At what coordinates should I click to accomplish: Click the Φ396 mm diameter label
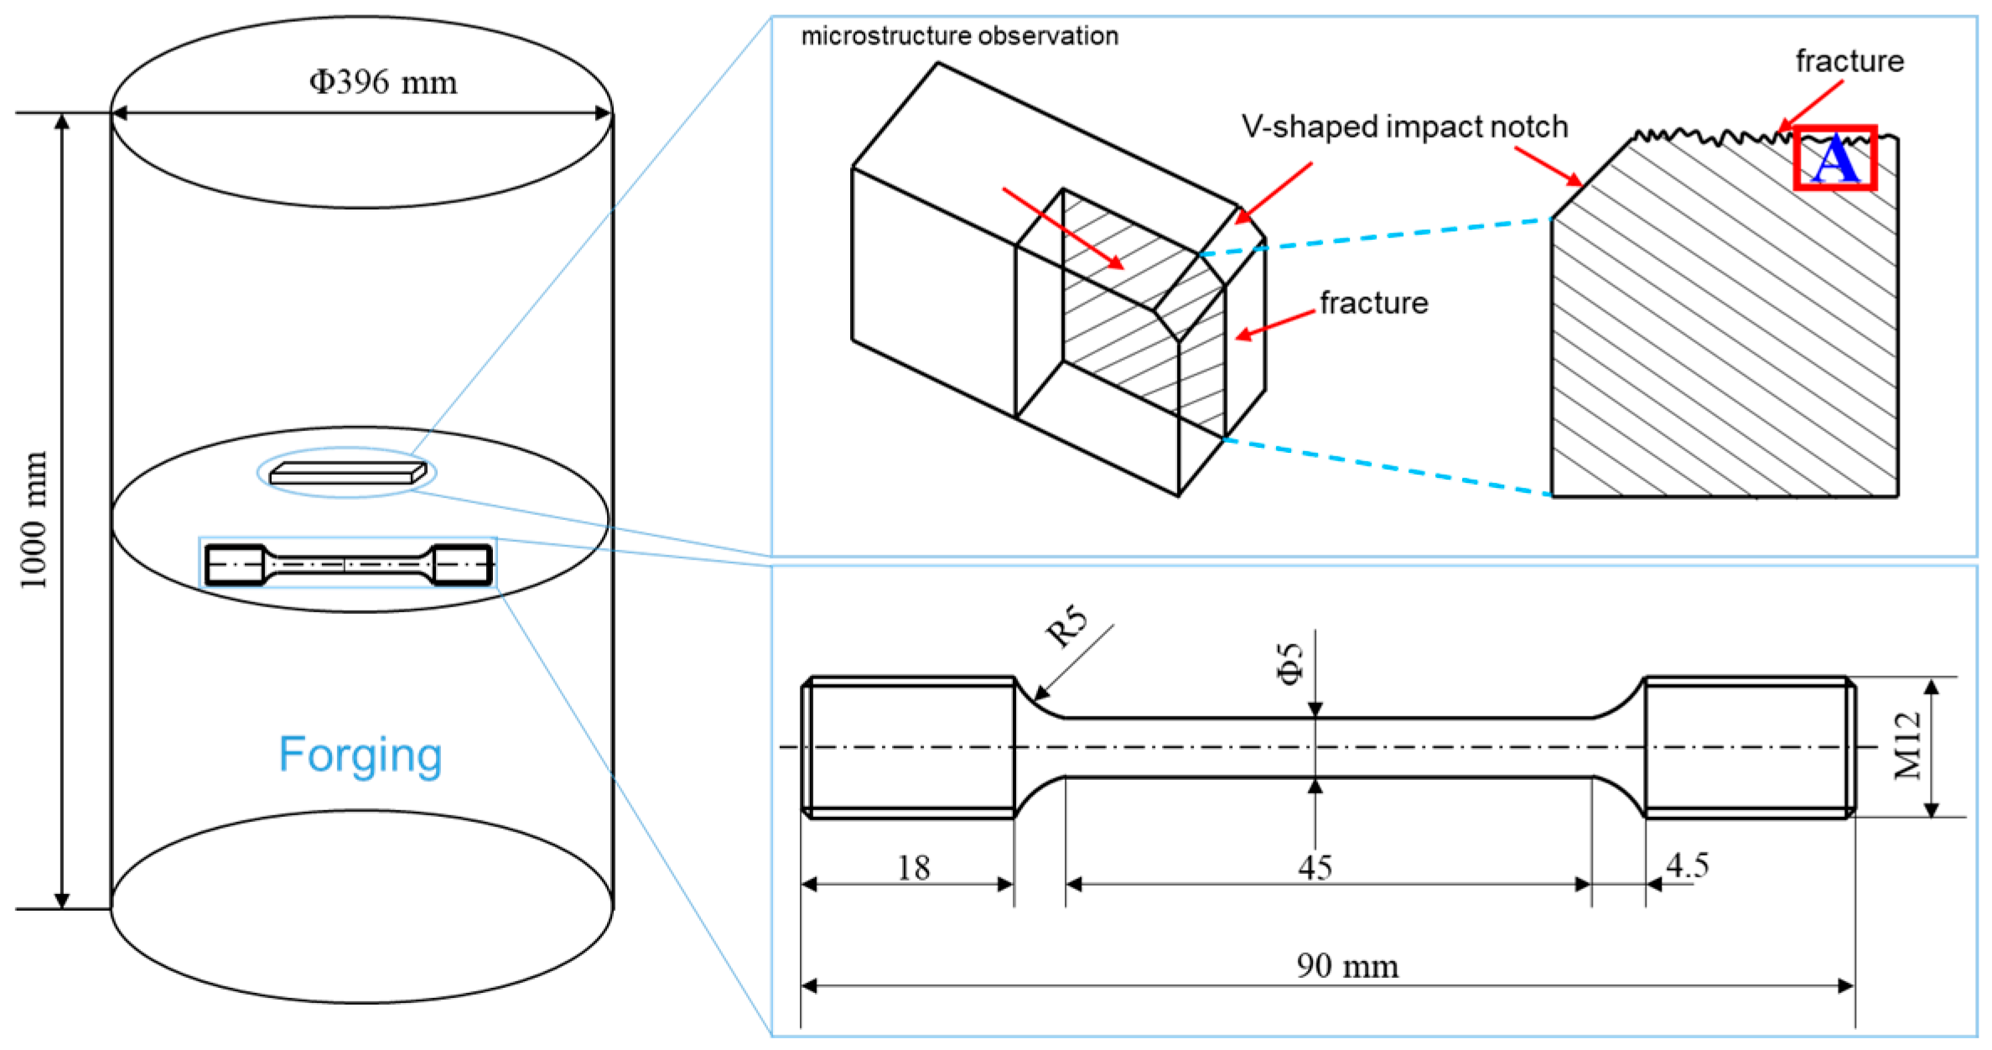[383, 82]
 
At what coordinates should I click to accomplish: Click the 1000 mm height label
[34, 520]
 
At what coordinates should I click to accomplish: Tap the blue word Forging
[360, 754]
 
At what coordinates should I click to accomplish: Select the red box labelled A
[1834, 159]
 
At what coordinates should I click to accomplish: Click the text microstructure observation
[959, 36]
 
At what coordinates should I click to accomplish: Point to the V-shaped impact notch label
[1404, 127]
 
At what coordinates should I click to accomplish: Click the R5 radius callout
[1066, 628]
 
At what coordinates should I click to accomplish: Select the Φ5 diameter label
[1291, 663]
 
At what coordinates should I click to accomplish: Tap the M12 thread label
[1907, 746]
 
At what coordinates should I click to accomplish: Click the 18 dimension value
[913, 867]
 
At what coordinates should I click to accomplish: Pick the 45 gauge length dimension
[1315, 867]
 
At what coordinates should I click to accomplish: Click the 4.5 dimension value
[1687, 865]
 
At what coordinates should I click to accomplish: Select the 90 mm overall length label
[1347, 966]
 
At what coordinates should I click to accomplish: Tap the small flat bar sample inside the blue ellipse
[347, 475]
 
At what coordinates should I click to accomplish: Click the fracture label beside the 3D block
[1373, 303]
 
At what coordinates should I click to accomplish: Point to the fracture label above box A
[1849, 61]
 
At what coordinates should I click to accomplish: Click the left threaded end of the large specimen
[910, 746]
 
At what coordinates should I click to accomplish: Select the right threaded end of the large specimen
[1748, 746]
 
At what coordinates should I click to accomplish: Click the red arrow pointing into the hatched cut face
[1063, 228]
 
